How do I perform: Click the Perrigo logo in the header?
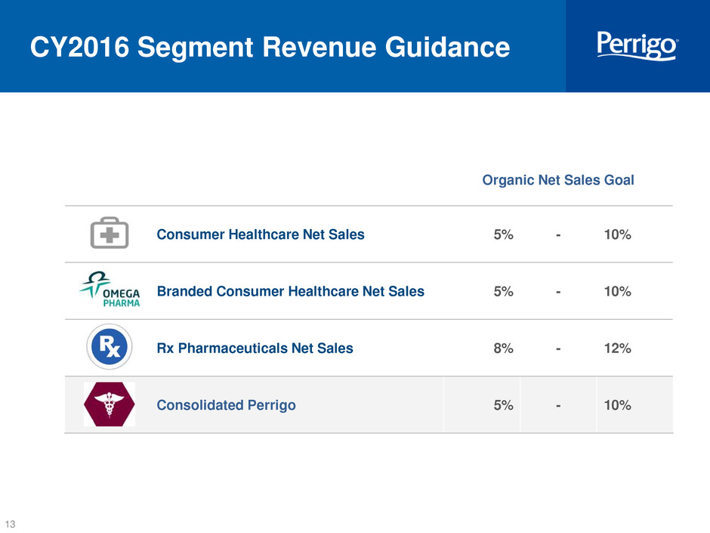(637, 45)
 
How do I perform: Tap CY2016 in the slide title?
(80, 47)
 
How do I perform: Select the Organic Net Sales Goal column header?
(558, 180)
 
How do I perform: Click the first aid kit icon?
(110, 233)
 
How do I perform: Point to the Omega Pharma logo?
(110, 289)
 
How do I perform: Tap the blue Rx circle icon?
(110, 347)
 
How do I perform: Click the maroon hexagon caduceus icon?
(110, 404)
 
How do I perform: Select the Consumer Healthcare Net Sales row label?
(261, 234)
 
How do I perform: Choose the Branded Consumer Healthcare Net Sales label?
(290, 291)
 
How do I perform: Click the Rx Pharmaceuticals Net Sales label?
(255, 348)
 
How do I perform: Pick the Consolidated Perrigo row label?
(226, 404)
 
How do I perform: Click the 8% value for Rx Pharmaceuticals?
(504, 348)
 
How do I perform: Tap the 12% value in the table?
(618, 348)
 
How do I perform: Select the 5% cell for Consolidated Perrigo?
(504, 404)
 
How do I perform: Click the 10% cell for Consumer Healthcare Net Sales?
(618, 234)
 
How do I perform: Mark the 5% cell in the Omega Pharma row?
(504, 291)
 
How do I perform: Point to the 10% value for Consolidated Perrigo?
(618, 404)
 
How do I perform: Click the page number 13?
(10, 523)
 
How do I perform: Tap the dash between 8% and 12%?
(558, 349)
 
